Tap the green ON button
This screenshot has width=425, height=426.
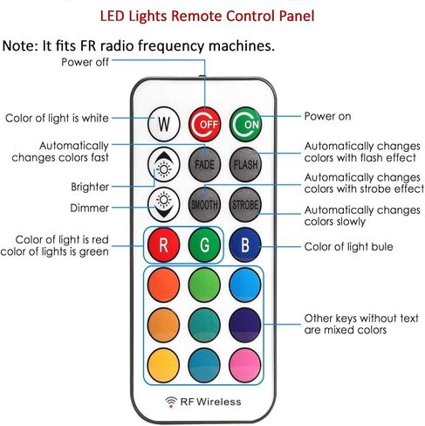tap(245, 124)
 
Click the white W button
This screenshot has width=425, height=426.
tap(164, 124)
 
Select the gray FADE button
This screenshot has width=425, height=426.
tap(204, 164)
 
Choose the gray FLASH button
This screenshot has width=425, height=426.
tap(245, 164)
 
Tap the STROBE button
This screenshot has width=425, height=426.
tap(245, 204)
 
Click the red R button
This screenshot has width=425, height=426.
tap(163, 244)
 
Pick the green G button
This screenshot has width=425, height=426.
tap(204, 244)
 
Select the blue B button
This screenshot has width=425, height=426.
tap(245, 244)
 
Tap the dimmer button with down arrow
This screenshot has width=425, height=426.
tap(164, 204)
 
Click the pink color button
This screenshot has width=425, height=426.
tap(245, 365)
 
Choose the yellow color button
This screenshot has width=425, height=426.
tap(163, 365)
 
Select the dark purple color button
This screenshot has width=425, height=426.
tap(245, 325)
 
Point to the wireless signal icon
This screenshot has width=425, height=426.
tap(171, 402)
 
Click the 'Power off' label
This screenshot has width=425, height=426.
tap(85, 62)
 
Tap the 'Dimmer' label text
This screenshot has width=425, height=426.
tap(89, 208)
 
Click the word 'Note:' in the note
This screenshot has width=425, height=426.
tap(20, 45)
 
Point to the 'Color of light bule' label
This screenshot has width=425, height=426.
tap(348, 247)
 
